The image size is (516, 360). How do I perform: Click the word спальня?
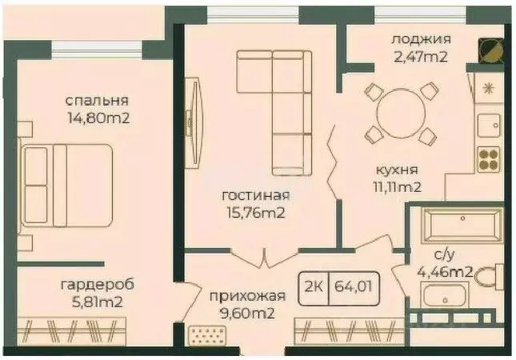[x=97, y=102]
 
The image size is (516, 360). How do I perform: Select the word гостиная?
[x=256, y=195]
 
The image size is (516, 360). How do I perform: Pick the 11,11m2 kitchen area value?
[x=395, y=187]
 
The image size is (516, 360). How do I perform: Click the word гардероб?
[x=97, y=284]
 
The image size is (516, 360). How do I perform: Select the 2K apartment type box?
[x=314, y=285]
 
